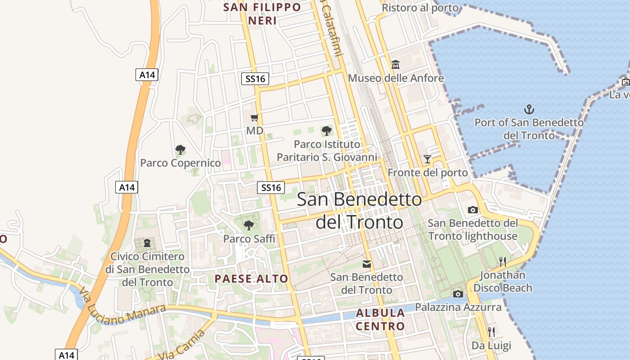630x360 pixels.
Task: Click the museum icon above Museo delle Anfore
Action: click(396, 65)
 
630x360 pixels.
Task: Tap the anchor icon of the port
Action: click(529, 109)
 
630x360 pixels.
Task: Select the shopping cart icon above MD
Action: click(255, 118)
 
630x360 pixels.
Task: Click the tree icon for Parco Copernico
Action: click(180, 149)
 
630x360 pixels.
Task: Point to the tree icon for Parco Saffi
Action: click(248, 225)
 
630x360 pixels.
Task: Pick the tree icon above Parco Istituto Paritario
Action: click(327, 131)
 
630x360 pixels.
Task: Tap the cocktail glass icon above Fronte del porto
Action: click(427, 159)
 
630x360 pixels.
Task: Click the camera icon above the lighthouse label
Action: click(472, 210)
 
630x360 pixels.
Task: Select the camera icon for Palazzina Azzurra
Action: click(458, 294)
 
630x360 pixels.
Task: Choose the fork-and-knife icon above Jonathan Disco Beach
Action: click(503, 261)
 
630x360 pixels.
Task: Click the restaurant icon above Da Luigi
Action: click(491, 332)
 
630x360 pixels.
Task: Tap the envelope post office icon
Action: click(367, 264)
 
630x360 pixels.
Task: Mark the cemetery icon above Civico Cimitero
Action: click(147, 243)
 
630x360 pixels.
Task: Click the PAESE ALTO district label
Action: click(251, 279)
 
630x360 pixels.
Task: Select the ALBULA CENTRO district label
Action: click(380, 319)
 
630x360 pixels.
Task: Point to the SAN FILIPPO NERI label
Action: click(262, 14)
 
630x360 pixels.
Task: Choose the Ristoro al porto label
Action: click(420, 8)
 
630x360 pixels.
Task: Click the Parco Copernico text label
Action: click(180, 163)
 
